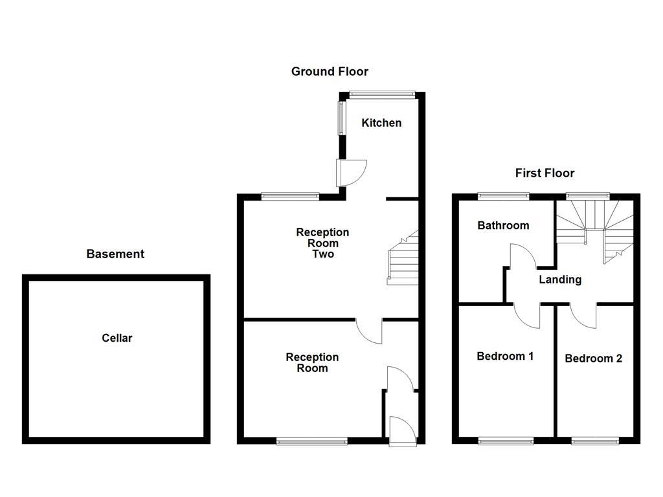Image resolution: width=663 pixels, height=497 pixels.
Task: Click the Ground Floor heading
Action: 330,71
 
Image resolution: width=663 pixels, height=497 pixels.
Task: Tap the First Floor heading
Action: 545,173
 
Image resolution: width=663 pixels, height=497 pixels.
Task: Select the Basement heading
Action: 115,254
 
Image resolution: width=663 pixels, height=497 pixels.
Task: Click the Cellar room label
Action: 117,338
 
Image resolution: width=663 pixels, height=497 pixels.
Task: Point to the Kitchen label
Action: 381,123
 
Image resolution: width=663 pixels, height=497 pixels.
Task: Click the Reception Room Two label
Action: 322,243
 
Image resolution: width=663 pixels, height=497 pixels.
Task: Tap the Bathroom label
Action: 503,225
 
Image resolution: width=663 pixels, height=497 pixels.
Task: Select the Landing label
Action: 560,280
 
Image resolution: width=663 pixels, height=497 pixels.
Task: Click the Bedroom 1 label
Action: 505,356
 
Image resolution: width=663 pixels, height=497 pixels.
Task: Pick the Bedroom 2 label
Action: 593,359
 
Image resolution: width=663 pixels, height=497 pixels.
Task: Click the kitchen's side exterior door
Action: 350,172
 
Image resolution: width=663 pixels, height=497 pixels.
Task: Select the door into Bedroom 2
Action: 584,315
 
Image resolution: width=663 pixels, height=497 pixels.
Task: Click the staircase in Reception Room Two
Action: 403,259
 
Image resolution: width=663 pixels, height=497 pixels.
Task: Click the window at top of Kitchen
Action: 381,94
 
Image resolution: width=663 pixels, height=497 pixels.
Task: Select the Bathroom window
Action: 503,195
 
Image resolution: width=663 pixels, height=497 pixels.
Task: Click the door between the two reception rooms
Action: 370,331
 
